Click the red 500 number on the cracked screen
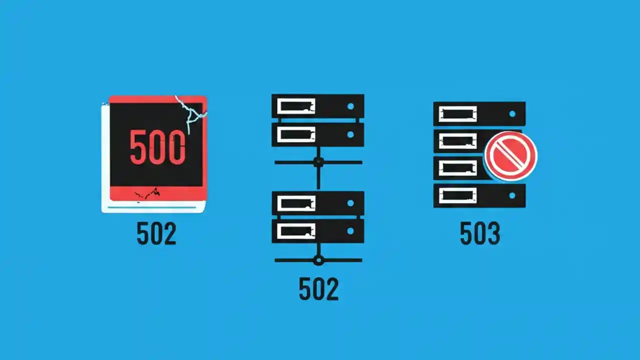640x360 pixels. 157,147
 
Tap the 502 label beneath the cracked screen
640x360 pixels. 156,233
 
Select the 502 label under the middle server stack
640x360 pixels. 318,288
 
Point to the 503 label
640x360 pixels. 480,233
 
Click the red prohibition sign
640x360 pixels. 510,156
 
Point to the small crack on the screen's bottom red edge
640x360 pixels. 147,193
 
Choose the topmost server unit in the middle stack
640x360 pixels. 317,106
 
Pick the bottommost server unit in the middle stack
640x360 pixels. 317,231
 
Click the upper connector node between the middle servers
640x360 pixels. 318,162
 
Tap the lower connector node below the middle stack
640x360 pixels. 318,260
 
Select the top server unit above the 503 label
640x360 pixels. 479,114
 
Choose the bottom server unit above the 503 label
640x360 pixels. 479,195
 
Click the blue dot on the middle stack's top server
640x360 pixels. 350,106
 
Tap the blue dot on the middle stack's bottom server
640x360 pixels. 350,231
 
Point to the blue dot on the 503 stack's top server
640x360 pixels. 512,114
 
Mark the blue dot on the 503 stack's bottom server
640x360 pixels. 512,195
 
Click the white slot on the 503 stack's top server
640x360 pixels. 457,114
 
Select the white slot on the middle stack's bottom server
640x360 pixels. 296,231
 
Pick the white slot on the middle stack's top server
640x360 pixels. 296,106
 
